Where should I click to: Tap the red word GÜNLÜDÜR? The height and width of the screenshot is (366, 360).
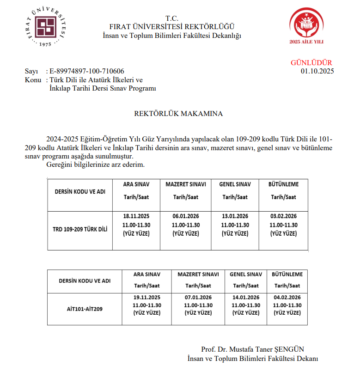coord(311,63)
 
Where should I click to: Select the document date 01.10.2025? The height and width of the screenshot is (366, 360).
coord(317,71)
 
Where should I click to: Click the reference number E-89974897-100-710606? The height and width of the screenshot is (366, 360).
coord(86,71)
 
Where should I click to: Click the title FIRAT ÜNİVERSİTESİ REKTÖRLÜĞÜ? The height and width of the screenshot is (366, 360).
coord(171,27)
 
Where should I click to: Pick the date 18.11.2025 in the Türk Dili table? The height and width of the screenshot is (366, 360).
coord(136,216)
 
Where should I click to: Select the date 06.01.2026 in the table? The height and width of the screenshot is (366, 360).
coord(185,216)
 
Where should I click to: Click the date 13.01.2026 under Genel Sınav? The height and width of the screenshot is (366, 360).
coord(235,216)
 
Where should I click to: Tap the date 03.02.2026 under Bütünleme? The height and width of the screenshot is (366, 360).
coord(283,216)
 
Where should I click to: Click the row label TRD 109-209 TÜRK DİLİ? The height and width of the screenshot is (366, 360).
coord(80,229)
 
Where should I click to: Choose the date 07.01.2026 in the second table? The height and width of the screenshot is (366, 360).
coord(198,297)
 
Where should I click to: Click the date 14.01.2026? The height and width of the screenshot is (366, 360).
coord(246,297)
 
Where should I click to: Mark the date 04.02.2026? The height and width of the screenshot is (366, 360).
coord(287,297)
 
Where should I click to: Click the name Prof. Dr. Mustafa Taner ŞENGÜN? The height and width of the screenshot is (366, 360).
coord(253,349)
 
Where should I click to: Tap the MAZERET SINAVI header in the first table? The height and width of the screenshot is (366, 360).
coord(185,184)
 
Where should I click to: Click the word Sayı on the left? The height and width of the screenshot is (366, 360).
coord(31,71)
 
